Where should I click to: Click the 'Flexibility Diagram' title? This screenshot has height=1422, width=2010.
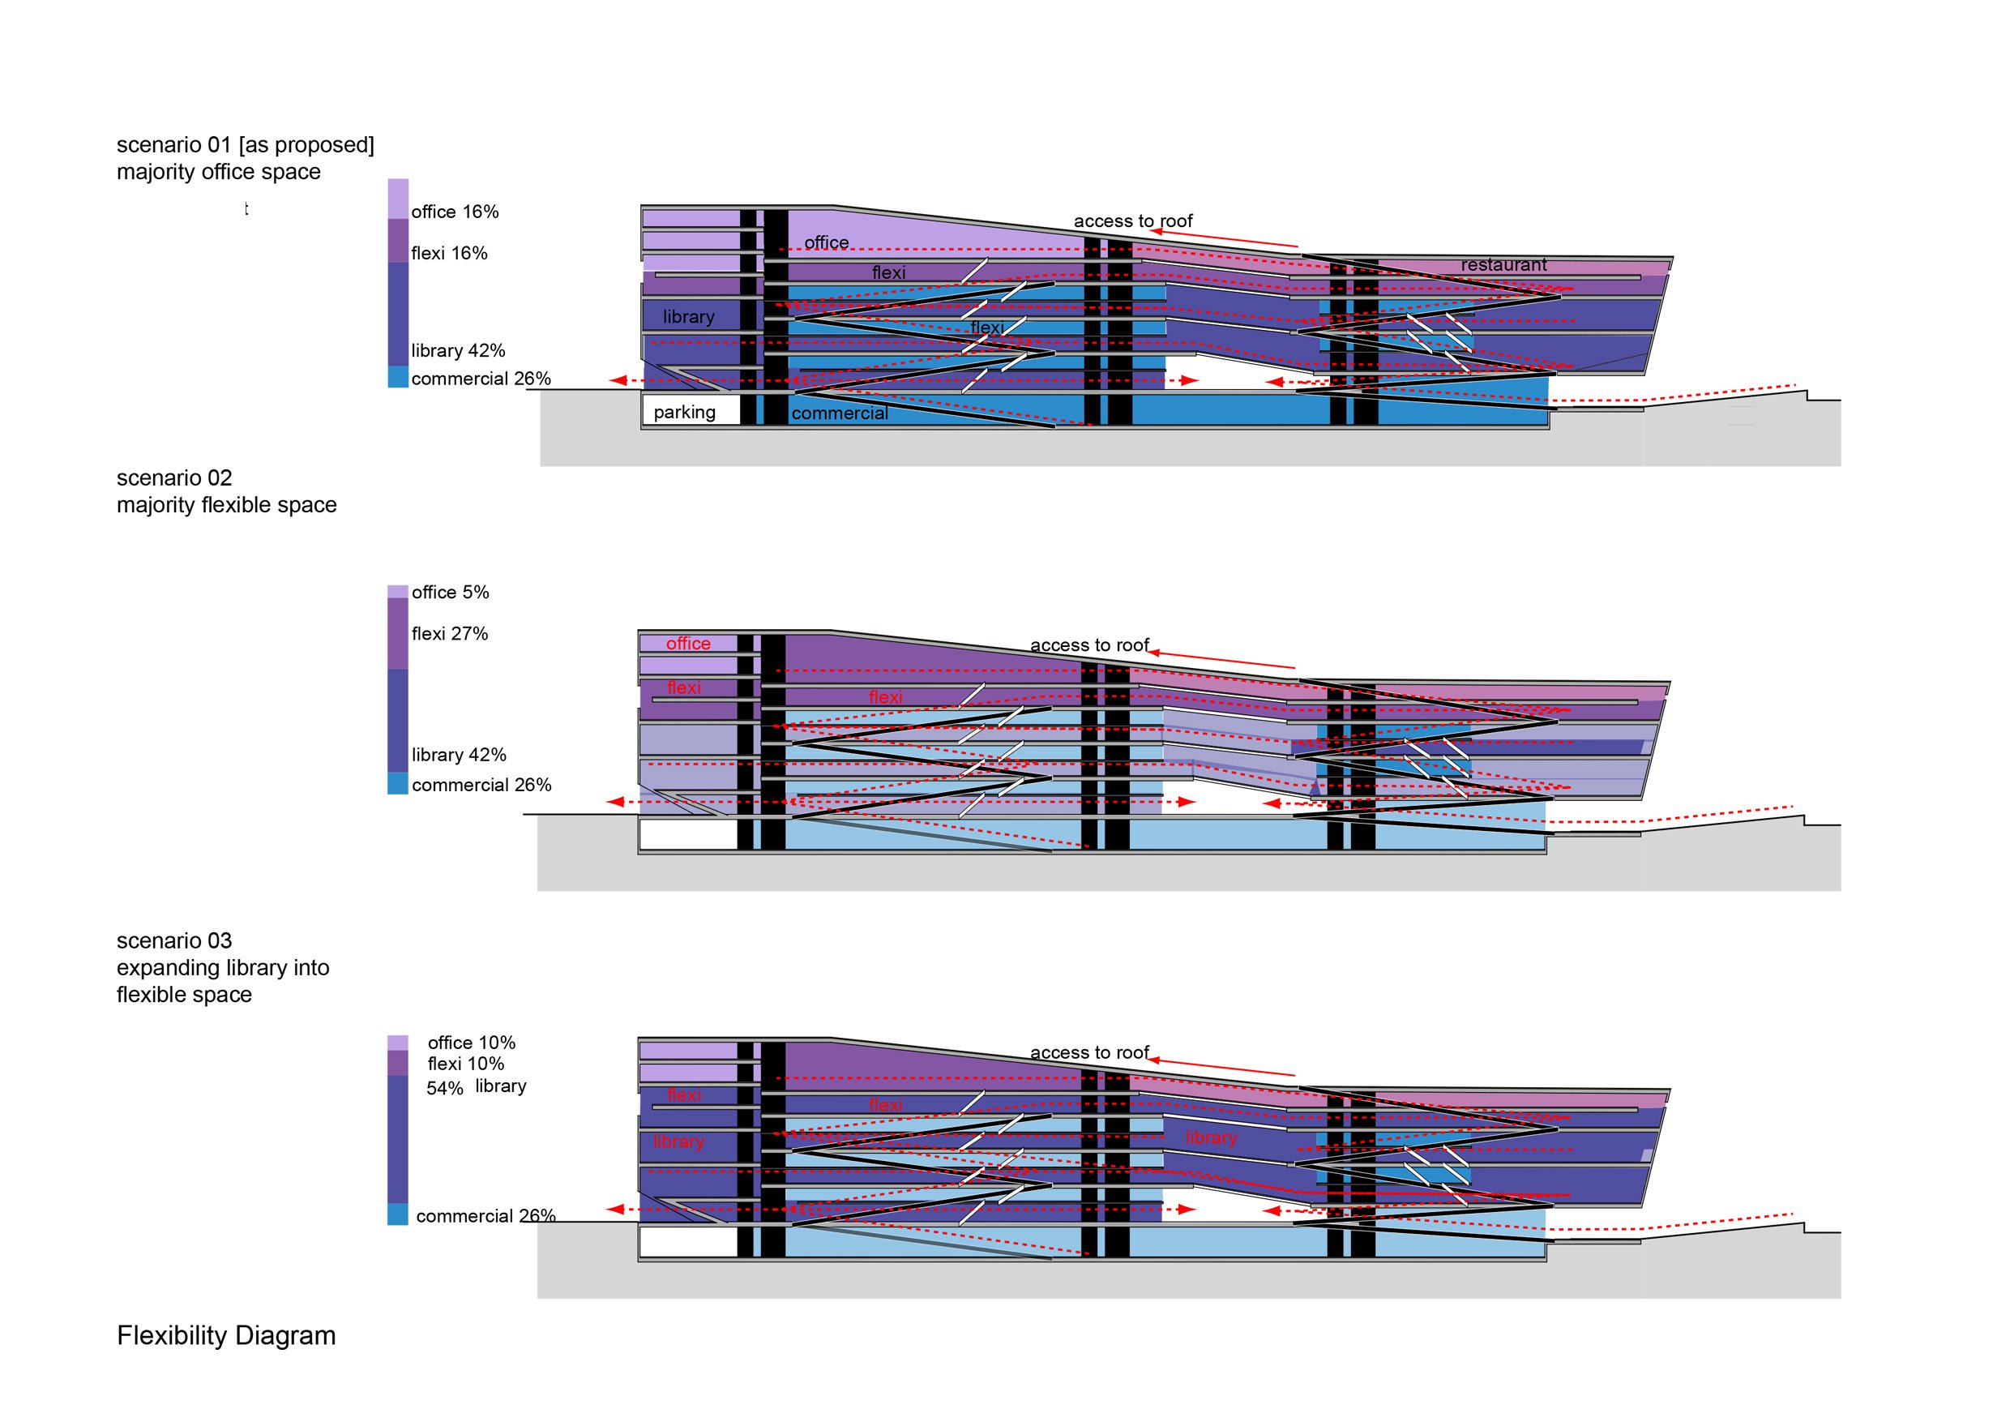(x=226, y=1336)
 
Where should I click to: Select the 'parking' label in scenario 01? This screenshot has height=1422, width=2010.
(x=685, y=413)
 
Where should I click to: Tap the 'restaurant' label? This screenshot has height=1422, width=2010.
(x=1504, y=264)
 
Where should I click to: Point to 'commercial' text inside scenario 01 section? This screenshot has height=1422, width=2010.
(x=840, y=413)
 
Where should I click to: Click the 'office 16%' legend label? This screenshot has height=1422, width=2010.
(x=455, y=212)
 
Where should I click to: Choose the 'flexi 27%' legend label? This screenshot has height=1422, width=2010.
(x=450, y=634)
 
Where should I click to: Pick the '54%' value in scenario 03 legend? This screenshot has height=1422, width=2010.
(x=445, y=1089)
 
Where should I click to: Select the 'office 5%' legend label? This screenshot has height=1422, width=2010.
(x=450, y=593)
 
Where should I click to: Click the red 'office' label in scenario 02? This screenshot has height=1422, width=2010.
(x=688, y=644)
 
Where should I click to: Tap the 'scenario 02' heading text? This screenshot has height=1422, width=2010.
(x=174, y=478)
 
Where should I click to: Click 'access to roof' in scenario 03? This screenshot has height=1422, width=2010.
(x=1089, y=1052)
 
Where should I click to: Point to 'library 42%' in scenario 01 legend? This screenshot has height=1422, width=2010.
(x=458, y=351)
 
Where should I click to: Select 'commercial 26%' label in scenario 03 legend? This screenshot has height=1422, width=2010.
(x=485, y=1216)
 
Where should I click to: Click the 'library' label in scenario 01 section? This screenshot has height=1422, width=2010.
(x=688, y=317)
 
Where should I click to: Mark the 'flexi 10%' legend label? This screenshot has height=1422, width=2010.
(x=466, y=1064)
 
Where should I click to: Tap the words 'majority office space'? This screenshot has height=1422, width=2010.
(x=219, y=173)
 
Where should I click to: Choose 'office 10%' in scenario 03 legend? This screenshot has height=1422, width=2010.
(x=471, y=1043)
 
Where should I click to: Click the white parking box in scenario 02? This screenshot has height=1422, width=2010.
(x=689, y=835)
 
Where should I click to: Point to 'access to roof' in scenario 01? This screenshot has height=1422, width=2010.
(x=1133, y=221)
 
